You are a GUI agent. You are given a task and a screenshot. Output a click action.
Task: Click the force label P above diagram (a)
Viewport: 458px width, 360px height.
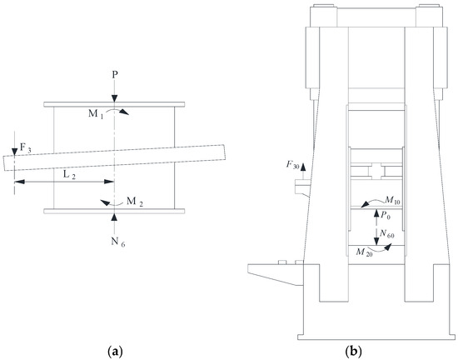115,75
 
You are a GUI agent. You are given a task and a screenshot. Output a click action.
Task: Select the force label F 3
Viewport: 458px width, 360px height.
25,147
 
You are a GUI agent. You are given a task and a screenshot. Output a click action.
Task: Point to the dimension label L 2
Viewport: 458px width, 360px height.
69,175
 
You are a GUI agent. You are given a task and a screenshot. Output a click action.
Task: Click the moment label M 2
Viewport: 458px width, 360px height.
135,202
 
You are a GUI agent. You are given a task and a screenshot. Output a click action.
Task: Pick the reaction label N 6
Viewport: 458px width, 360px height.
118,242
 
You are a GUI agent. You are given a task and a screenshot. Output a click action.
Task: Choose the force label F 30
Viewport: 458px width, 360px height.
292,165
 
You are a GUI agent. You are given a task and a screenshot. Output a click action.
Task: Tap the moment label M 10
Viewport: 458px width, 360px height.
392,201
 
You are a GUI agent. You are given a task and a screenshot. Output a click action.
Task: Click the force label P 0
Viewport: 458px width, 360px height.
386,215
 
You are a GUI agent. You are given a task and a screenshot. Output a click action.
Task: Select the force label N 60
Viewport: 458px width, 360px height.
386,233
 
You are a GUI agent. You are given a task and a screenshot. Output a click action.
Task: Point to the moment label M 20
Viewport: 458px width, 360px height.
364,252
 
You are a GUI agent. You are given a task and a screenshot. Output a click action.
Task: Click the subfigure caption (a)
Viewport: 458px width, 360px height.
115,351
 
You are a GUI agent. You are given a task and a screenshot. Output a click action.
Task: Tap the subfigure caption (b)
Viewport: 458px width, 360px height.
353,351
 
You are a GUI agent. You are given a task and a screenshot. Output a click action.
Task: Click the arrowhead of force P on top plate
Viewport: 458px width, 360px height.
115,98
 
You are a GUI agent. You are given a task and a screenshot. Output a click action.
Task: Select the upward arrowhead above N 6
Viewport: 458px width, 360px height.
115,217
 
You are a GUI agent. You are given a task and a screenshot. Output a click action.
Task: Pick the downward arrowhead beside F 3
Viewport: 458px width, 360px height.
14,152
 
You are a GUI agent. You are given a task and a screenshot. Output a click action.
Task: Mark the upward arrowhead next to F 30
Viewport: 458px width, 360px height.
303,167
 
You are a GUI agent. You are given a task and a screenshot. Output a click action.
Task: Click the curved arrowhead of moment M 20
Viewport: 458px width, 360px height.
388,247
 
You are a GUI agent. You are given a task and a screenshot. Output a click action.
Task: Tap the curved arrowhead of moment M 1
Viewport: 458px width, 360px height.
124,112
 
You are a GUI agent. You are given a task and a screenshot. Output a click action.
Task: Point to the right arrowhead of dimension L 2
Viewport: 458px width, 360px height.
109,182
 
